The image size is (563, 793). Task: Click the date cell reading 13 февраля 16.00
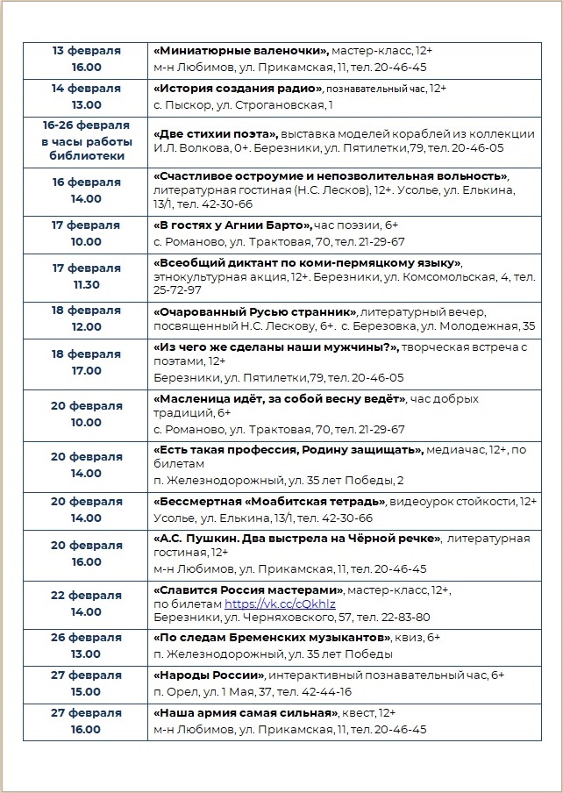[87, 59]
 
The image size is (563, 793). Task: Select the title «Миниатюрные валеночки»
[240, 51]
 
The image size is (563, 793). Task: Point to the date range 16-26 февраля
[87, 125]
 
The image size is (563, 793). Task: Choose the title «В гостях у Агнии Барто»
[233, 225]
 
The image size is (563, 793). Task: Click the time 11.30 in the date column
[87, 284]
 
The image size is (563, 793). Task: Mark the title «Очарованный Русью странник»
[255, 311]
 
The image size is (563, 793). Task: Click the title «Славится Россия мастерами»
[249, 590]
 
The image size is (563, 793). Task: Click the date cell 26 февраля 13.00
[87, 646]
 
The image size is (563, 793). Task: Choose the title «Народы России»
[209, 675]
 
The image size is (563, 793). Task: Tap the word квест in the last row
[361, 713]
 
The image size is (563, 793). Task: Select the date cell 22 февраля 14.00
[87, 604]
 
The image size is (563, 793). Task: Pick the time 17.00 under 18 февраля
[87, 370]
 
